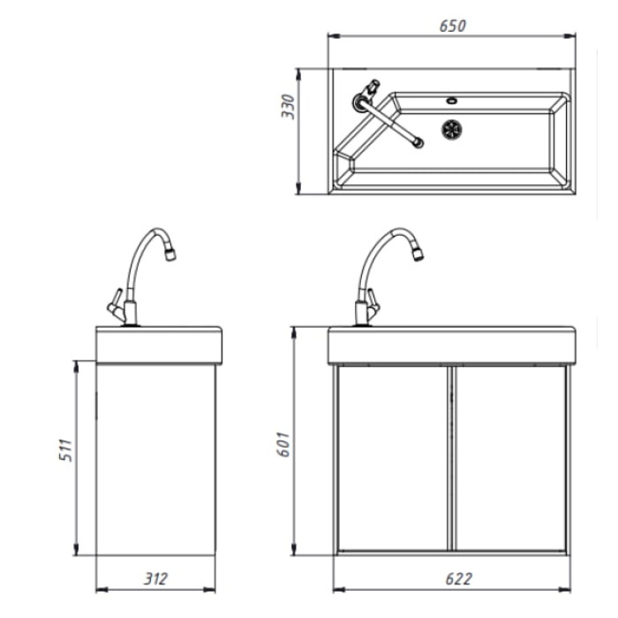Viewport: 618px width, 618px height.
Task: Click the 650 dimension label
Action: [452, 26]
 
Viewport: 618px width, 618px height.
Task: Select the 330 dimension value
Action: [288, 107]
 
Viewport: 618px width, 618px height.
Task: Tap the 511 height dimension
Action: [66, 449]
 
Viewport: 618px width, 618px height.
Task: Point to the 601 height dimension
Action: [283, 445]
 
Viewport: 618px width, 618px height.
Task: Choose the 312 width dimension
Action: [155, 578]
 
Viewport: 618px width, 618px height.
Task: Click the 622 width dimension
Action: [458, 579]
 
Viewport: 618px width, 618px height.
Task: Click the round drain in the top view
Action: [452, 129]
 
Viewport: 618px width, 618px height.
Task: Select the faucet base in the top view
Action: [360, 102]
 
